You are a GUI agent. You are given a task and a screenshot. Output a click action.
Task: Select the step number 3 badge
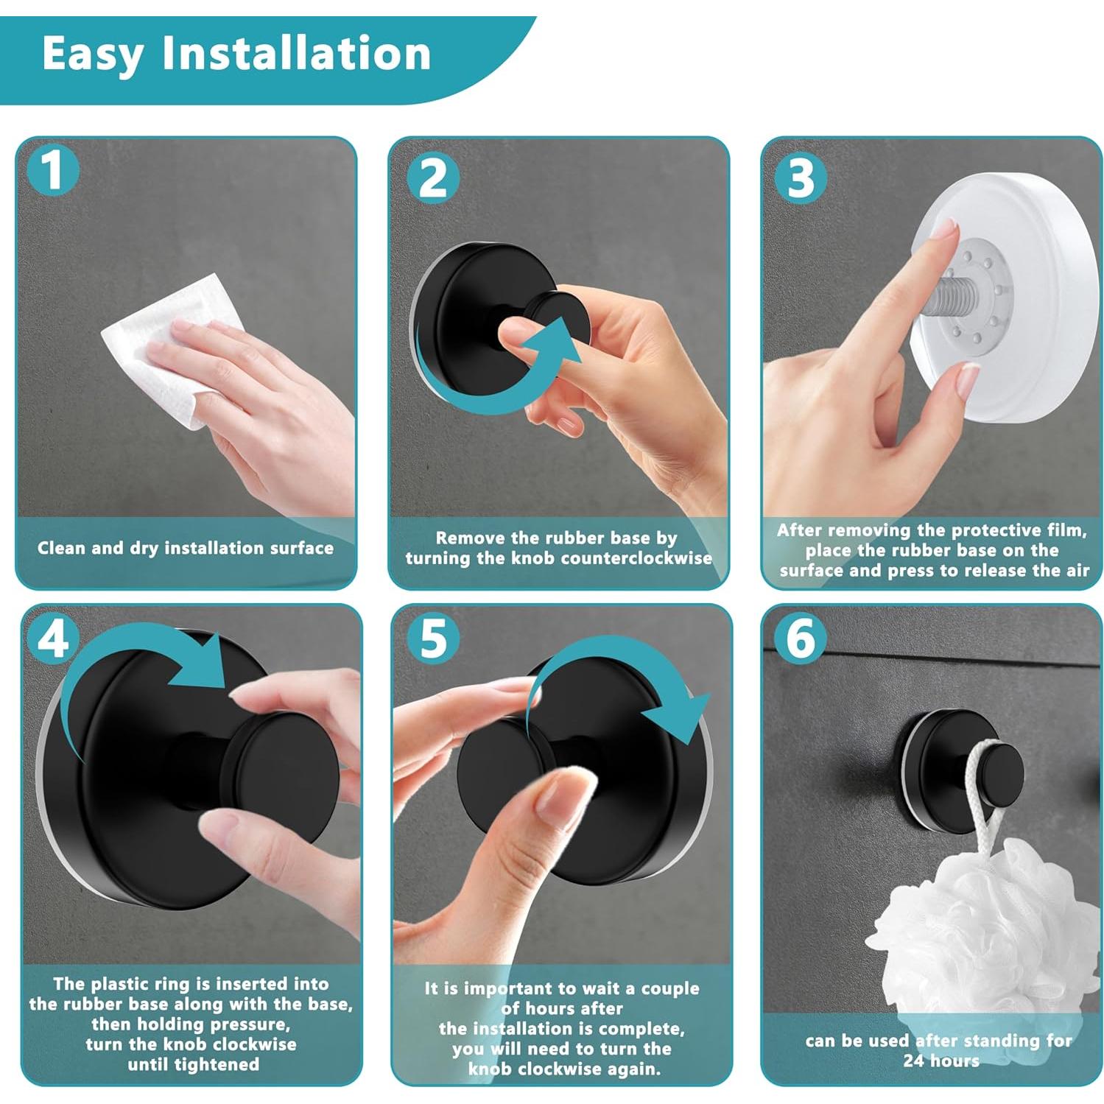coord(801,178)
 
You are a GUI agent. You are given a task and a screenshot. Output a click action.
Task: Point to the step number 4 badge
coord(53,639)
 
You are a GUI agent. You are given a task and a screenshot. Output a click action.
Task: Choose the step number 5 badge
coord(433,639)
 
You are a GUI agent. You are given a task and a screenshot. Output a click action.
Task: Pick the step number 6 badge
coord(801,639)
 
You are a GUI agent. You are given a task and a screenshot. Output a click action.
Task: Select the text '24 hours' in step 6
coord(940,1061)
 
